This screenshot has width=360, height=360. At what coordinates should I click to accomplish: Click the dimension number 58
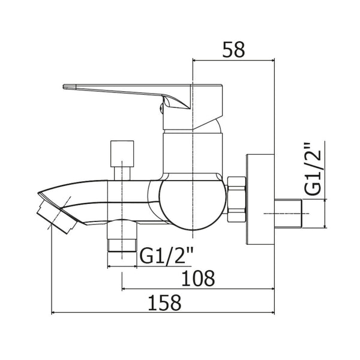tap(233, 50)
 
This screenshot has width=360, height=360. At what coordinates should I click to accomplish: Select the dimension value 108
tap(198, 278)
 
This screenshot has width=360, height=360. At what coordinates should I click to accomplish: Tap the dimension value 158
tap(164, 302)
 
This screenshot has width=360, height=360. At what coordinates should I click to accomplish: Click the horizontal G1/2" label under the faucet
tap(166, 257)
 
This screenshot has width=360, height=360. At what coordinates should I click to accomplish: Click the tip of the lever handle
tap(64, 87)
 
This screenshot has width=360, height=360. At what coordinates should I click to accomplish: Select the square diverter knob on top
tap(122, 154)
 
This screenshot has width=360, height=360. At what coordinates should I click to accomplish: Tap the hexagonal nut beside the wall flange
tap(236, 199)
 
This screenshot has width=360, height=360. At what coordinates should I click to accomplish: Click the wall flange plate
tap(260, 199)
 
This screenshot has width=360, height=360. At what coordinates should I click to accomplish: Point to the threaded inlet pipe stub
tap(288, 214)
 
